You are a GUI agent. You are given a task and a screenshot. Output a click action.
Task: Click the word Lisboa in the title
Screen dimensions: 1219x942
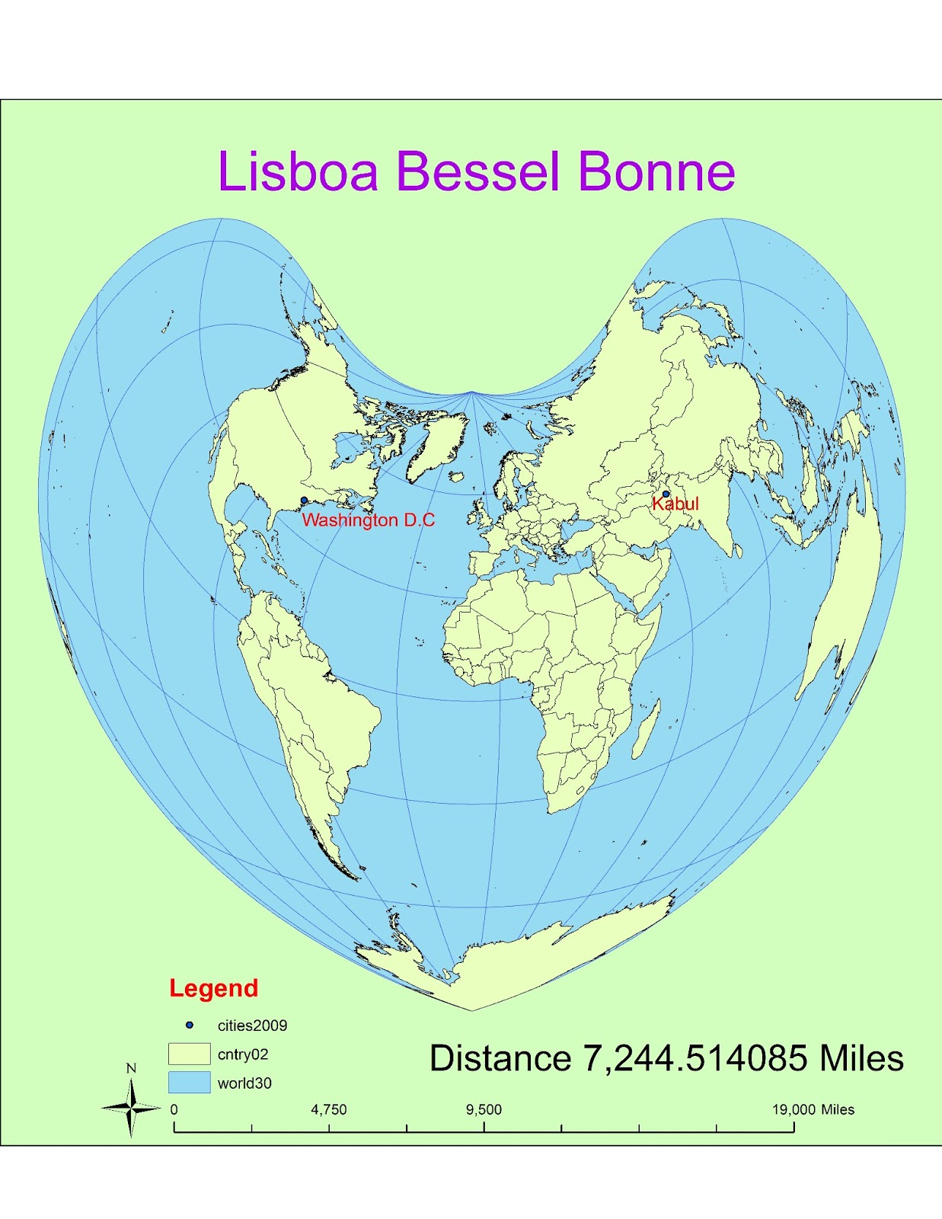298,171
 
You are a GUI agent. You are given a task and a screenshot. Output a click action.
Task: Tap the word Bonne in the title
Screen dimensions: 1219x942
656,171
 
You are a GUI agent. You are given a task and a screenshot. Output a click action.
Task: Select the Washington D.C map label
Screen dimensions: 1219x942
369,520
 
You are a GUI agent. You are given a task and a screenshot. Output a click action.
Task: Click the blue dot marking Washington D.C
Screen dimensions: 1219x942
304,501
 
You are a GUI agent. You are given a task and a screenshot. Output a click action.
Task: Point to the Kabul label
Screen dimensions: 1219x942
675,504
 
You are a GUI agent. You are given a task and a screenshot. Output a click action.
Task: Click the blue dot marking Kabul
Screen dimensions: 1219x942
666,494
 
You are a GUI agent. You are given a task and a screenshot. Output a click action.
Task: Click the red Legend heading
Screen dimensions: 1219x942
213,988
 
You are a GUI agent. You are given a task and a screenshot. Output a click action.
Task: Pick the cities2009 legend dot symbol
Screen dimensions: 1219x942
190,1025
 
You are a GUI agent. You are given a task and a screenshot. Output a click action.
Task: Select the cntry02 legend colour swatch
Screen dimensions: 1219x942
189,1054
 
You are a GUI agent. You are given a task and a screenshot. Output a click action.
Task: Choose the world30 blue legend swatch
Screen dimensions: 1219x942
189,1083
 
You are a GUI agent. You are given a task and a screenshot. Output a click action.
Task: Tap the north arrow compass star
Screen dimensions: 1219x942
131,1109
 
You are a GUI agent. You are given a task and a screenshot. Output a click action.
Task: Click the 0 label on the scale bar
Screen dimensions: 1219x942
174,1109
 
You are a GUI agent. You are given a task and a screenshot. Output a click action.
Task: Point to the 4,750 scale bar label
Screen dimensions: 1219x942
328,1109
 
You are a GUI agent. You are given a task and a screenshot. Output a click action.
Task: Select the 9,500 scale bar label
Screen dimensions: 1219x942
484,1109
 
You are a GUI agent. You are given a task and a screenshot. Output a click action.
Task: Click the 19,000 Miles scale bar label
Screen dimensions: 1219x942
813,1109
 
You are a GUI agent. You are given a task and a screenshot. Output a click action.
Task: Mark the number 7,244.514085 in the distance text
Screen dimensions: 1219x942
695,1058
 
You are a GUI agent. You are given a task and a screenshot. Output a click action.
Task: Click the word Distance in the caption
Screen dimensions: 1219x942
500,1058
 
